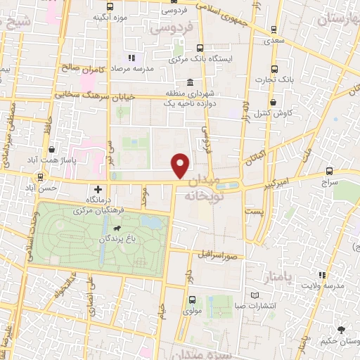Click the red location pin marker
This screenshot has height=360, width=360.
(181, 166)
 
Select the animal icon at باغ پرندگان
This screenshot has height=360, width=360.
(115, 229)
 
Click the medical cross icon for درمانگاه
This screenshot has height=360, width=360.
(98, 190)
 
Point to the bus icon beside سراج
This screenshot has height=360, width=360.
(330, 171)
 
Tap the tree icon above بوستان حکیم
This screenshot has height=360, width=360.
(341, 329)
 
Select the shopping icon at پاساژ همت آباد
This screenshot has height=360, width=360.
(53, 149)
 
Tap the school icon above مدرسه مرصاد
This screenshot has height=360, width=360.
(131, 58)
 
